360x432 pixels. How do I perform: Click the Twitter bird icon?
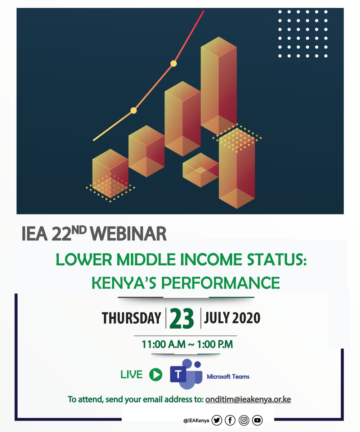click(217, 420)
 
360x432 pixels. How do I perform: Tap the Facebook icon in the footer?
click(230, 420)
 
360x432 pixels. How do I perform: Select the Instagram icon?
click(244, 420)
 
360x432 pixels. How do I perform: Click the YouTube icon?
click(257, 420)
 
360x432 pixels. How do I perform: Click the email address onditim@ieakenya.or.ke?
click(248, 400)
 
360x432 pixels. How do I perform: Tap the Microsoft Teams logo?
click(186, 375)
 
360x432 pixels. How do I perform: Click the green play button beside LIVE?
click(156, 375)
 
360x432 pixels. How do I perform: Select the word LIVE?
click(131, 375)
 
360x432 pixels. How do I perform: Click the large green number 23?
click(182, 319)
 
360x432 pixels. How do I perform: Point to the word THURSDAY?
click(131, 318)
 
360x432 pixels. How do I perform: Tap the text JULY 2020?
click(232, 318)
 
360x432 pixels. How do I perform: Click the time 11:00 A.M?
click(162, 345)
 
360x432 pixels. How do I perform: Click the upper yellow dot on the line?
click(174, 64)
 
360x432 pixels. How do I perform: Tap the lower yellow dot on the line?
click(134, 111)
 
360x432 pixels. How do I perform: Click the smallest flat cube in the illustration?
click(200, 170)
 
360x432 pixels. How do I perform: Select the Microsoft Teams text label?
click(228, 377)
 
